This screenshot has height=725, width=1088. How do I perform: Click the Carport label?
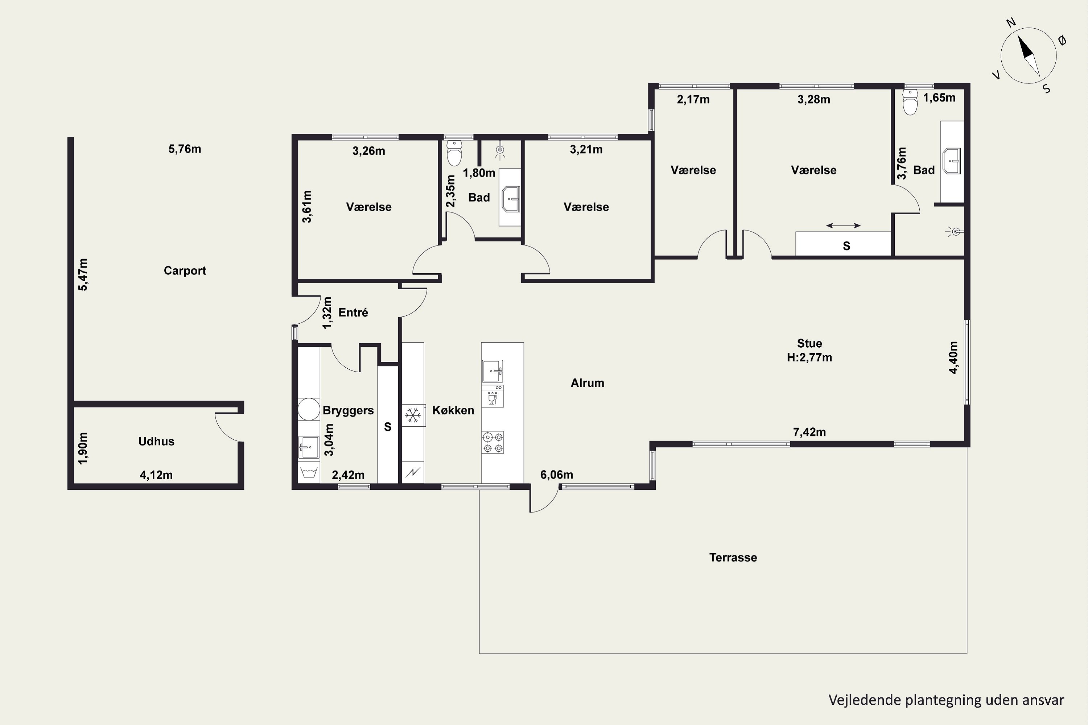(x=185, y=271)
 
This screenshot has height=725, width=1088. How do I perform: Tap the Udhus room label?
(x=156, y=442)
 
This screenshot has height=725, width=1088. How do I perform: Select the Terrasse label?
(x=733, y=558)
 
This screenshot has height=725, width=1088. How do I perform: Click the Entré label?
(x=353, y=312)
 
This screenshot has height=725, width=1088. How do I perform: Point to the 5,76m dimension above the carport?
(x=185, y=149)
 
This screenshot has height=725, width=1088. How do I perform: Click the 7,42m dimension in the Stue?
(x=809, y=432)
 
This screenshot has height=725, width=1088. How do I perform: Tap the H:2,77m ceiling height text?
(x=809, y=357)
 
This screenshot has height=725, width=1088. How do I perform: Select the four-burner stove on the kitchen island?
(x=493, y=442)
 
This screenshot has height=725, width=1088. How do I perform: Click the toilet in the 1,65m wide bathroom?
(x=910, y=102)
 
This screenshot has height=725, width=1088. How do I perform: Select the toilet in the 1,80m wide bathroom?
(x=455, y=153)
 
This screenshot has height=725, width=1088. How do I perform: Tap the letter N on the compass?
(x=1011, y=36)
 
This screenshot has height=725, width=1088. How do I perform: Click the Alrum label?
(x=587, y=383)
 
